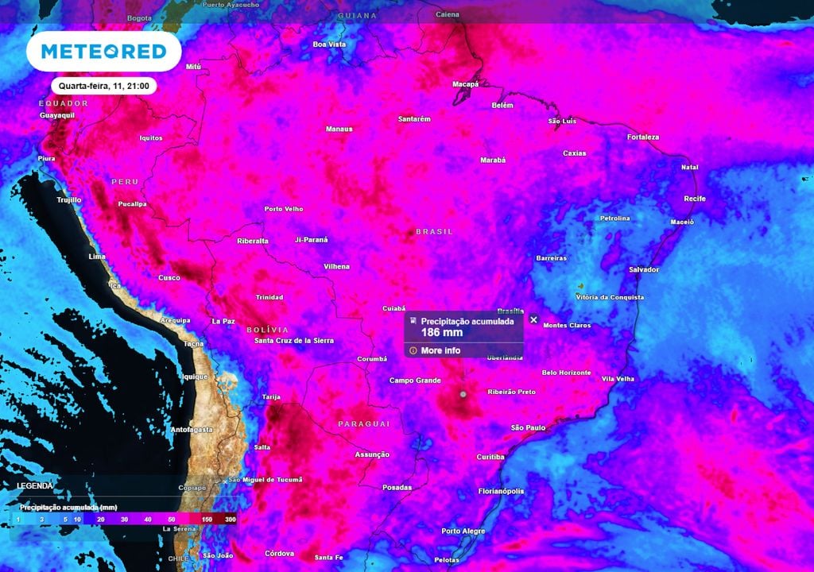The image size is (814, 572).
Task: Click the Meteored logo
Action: point(103,52)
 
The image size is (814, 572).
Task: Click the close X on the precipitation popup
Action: point(533,320)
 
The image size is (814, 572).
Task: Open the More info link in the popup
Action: point(440,350)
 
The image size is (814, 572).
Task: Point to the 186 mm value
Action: point(441,333)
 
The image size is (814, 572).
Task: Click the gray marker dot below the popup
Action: point(463,393)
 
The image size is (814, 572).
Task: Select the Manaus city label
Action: point(339,129)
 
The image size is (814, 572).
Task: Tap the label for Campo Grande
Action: point(415,381)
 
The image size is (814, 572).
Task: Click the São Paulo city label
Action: point(528,427)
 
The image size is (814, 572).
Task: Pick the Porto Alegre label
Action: point(463,531)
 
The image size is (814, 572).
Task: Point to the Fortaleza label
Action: point(642,137)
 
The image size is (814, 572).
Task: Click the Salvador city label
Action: point(644,269)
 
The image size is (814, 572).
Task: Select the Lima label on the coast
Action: point(96,257)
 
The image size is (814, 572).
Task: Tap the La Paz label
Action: point(223,321)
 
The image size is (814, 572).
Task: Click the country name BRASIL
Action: point(434,231)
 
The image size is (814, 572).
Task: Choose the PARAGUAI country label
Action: point(364,423)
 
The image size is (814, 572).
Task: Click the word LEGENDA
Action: point(35,485)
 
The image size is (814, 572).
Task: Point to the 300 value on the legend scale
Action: point(230,519)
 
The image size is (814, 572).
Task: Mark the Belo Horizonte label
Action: point(566,373)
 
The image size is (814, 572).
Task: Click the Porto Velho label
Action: point(284,209)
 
